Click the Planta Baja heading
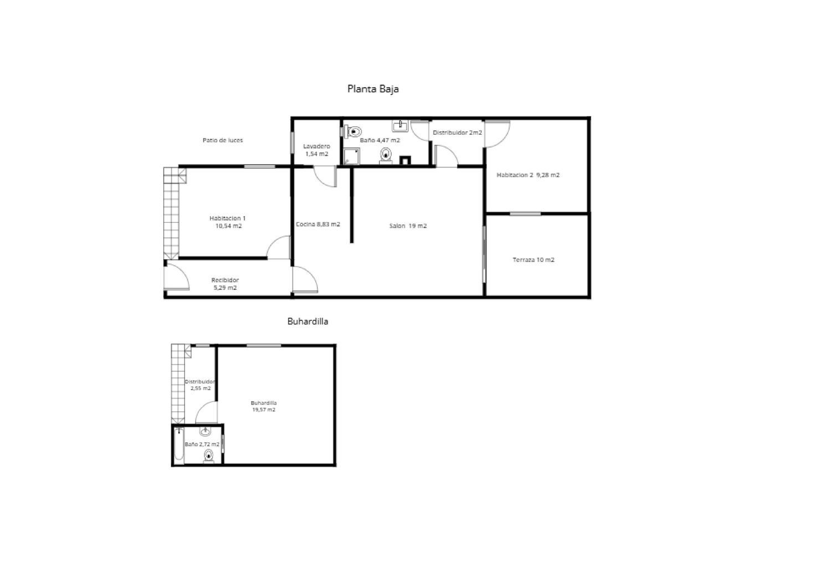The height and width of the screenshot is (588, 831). pos(373,89)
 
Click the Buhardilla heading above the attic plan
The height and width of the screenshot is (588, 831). pos(307,321)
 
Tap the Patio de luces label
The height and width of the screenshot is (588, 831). pos(223,140)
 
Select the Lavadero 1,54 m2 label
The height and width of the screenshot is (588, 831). pos(316,150)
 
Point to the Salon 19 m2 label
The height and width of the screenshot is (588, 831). pos(408,226)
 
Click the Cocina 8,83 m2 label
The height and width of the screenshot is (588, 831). pos(318,224)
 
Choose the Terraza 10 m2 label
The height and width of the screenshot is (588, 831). pos(534,260)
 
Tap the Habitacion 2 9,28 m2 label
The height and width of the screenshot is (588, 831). pos(528,175)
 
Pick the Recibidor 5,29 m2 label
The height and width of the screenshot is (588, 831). pos(225,284)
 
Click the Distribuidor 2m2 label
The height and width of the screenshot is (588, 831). pos(458,132)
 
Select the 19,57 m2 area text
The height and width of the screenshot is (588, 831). pos(264,410)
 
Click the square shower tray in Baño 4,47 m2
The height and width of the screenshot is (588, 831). pos(351,156)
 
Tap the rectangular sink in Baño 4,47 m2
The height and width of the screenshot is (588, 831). pos(400,126)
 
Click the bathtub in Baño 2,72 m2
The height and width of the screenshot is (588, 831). pos(179,446)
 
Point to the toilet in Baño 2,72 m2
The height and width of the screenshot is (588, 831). pos(208,456)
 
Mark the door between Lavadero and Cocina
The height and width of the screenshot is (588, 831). pos(326,176)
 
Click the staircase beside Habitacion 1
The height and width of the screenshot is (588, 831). pos(171,213)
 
